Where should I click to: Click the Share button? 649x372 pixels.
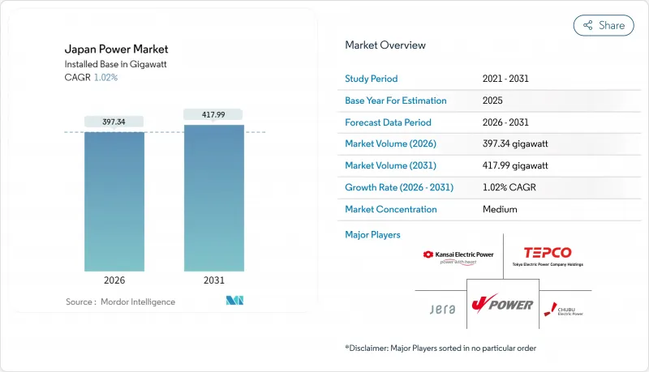(604, 25)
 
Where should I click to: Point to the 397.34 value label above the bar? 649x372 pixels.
(114, 122)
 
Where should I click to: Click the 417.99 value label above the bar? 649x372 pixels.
(213, 114)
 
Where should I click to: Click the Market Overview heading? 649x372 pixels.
(385, 45)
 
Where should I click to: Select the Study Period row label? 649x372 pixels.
(372, 79)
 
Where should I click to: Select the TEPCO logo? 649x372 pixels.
(548, 256)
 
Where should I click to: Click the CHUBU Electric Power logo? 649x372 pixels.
(561, 309)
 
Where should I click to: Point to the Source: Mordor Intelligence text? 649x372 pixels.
(120, 301)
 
